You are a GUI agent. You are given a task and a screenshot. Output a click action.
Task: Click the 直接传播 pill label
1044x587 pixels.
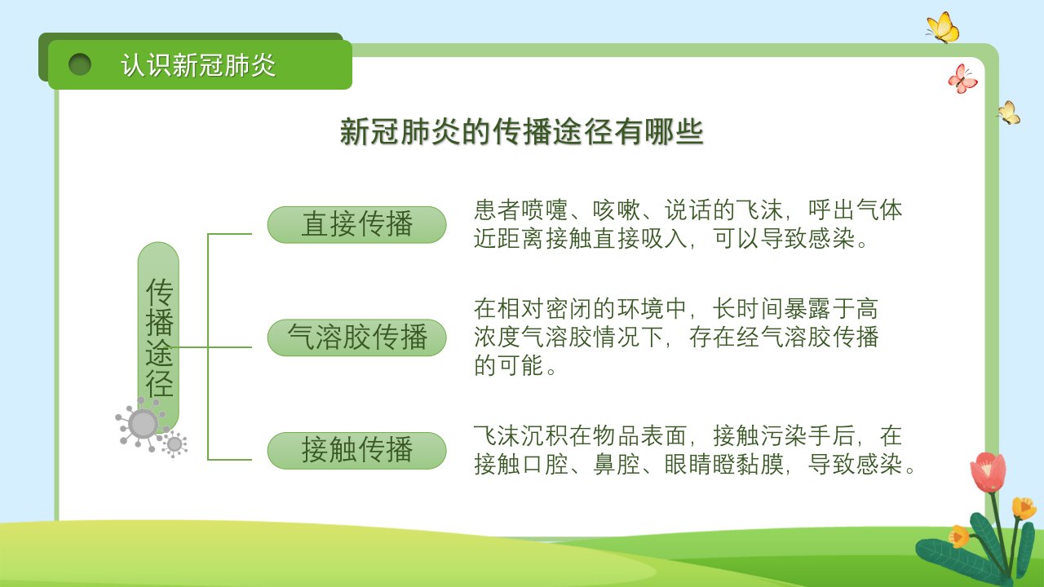click(x=356, y=224)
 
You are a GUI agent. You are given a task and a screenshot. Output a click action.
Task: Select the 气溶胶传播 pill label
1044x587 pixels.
click(x=356, y=338)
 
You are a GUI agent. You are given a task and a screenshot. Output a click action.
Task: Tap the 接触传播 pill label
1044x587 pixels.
click(x=356, y=451)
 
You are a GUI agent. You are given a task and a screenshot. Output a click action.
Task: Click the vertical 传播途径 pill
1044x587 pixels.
click(x=158, y=337)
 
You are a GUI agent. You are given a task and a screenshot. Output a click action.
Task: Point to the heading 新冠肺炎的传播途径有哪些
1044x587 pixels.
click(x=521, y=132)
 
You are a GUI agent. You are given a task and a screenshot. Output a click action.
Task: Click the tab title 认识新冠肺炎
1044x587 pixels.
click(x=198, y=64)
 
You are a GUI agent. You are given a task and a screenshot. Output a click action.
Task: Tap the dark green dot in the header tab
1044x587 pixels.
click(x=80, y=64)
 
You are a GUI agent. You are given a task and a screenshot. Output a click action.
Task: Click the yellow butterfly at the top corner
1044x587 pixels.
click(x=944, y=28)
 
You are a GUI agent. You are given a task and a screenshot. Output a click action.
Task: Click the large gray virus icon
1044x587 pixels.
click(x=143, y=425)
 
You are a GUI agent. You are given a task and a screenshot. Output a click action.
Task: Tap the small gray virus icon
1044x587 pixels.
click(x=175, y=444)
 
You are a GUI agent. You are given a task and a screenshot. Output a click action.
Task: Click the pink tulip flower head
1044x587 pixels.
click(x=988, y=471)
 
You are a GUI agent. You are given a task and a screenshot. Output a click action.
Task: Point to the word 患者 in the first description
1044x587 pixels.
click(x=497, y=210)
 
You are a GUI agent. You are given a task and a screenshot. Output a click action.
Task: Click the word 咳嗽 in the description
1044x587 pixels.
click(x=616, y=210)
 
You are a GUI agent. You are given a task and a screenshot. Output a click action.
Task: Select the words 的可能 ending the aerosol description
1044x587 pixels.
click(x=508, y=365)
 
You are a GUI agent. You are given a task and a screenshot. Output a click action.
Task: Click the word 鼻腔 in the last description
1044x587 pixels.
click(x=616, y=465)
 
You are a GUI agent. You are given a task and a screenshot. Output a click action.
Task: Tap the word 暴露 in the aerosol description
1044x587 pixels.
click(x=807, y=308)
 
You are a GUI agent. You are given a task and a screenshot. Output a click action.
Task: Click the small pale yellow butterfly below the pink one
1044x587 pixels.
click(x=1010, y=113)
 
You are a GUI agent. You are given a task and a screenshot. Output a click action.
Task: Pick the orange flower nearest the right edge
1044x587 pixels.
click(x=1024, y=508)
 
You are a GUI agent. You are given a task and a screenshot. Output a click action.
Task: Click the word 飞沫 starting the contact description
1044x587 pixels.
click(x=497, y=436)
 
